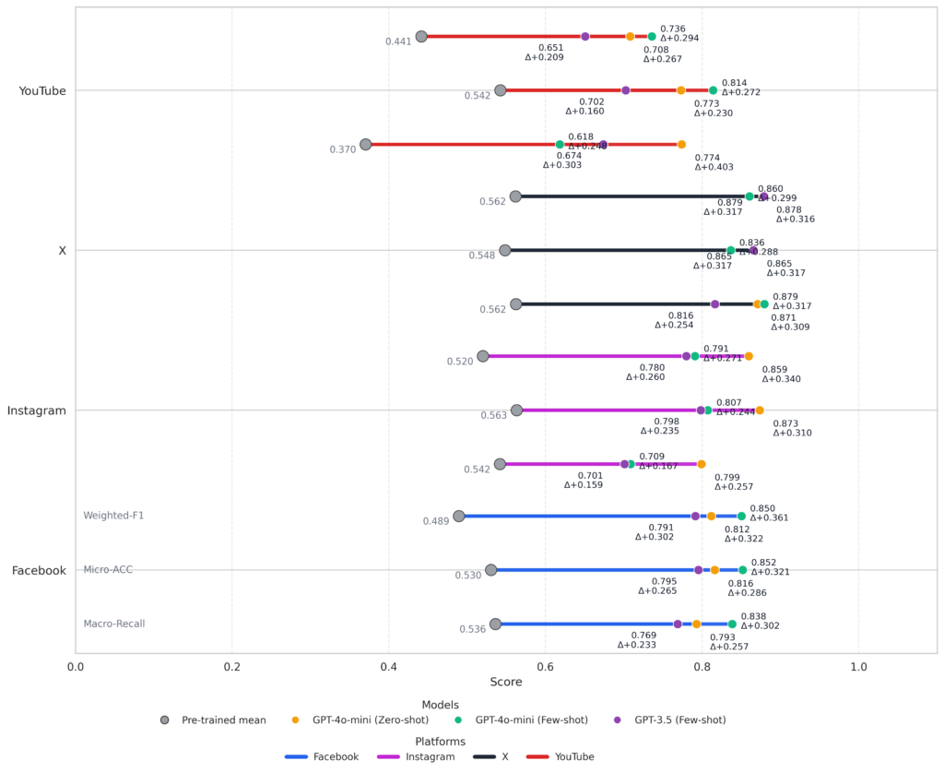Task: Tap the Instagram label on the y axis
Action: click(37, 410)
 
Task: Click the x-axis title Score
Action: click(506, 683)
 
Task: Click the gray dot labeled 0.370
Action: click(365, 144)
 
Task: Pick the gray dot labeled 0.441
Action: click(421, 37)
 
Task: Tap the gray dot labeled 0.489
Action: click(458, 516)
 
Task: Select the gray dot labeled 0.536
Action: click(495, 624)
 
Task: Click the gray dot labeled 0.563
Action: click(516, 410)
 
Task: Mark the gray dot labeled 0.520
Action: click(482, 356)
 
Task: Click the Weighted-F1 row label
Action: click(113, 516)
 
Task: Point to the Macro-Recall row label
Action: click(114, 624)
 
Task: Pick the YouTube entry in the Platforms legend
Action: click(574, 757)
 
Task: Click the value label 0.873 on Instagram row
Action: click(785, 423)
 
